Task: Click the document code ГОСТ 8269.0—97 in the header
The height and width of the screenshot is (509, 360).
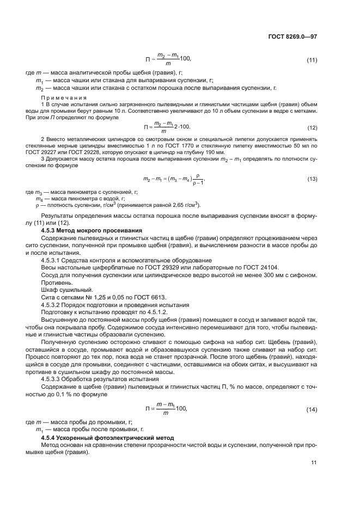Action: [x=292, y=36]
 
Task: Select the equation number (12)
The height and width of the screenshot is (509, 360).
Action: [x=312, y=127]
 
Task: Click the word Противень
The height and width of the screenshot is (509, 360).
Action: [x=56, y=282]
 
